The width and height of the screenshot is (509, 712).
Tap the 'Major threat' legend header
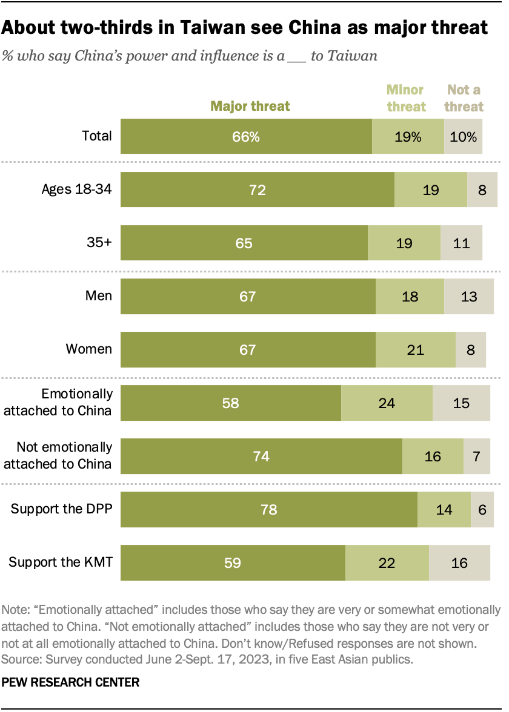(250, 107)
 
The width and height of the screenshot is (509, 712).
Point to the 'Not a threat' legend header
(465, 99)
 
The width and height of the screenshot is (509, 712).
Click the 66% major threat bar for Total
(247, 136)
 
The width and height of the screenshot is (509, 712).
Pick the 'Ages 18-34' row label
(76, 189)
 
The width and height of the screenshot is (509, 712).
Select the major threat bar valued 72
(258, 190)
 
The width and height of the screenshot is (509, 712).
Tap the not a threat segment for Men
(468, 297)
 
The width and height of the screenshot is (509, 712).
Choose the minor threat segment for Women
(415, 349)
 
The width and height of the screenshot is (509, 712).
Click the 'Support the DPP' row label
(62, 509)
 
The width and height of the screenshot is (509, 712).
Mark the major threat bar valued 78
(269, 510)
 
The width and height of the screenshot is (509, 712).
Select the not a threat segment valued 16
(459, 563)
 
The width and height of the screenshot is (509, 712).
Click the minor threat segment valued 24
(387, 403)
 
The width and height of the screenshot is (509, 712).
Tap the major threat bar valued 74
(262, 456)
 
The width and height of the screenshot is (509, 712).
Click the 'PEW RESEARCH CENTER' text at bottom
(71, 682)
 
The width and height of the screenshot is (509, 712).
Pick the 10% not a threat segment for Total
(463, 136)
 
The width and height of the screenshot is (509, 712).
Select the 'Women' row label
(89, 349)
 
